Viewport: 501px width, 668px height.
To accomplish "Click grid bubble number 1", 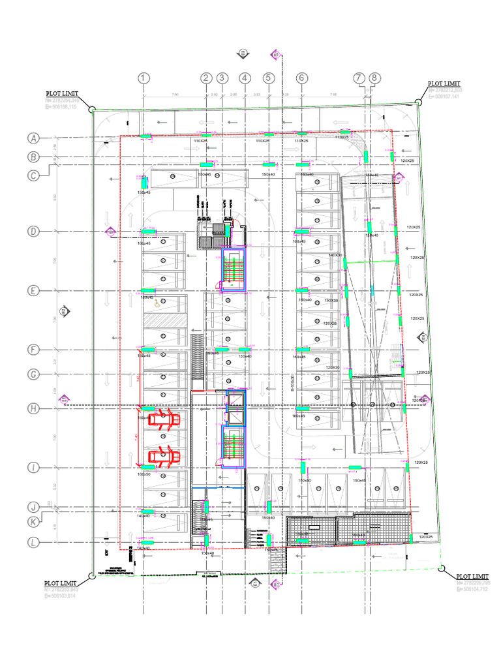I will [144, 78].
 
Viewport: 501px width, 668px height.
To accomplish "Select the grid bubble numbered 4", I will [245, 78].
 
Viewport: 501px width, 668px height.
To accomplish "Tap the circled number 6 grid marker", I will [301, 78].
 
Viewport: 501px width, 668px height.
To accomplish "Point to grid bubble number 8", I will [374, 78].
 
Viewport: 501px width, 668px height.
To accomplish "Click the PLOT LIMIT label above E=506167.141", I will [444, 84].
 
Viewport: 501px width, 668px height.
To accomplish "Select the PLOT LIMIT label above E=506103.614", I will [61, 583].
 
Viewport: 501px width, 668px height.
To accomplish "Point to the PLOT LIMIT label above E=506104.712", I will [472, 577].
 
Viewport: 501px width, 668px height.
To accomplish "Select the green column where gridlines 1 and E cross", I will [149, 291].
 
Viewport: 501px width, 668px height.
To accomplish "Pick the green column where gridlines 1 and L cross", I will [149, 542].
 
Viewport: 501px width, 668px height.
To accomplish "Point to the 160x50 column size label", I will [144, 474].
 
